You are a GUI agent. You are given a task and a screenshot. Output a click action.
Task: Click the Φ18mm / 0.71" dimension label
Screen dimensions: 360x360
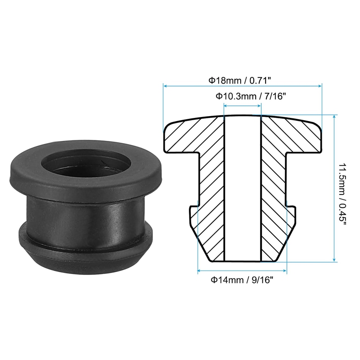(x=240, y=81)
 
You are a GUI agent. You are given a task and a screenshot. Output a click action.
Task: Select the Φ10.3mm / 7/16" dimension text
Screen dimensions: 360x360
(x=251, y=96)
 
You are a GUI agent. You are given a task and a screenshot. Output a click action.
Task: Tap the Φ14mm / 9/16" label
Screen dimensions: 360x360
(x=242, y=280)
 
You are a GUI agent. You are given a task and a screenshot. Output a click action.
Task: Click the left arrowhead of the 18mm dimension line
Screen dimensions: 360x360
(x=165, y=86)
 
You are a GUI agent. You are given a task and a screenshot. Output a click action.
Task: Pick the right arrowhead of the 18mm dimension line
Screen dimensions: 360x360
(x=319, y=86)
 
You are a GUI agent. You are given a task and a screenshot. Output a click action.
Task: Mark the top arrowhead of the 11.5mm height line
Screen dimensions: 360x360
(x=334, y=117)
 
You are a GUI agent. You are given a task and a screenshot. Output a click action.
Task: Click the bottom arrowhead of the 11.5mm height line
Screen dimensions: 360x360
(x=334, y=260)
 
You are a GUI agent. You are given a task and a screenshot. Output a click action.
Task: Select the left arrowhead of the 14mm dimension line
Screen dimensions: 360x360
(x=200, y=271)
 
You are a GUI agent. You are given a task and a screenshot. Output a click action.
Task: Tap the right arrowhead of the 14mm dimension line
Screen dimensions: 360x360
(x=285, y=271)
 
